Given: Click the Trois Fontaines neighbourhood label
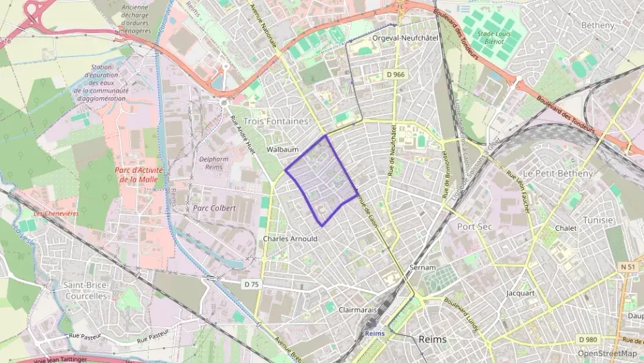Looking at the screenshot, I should (x=276, y=121).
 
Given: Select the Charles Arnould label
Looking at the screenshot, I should (x=290, y=238).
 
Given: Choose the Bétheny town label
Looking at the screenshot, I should (x=597, y=25).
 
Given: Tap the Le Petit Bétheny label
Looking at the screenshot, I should (x=557, y=173).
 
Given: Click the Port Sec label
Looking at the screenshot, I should (x=475, y=226).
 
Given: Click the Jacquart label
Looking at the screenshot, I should (x=520, y=293).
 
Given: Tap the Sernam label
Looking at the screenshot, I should (x=422, y=267).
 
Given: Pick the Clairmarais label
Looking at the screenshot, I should (x=358, y=310).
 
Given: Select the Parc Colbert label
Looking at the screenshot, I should (x=215, y=207).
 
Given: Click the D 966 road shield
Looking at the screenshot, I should (x=395, y=74).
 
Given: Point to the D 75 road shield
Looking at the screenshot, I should (x=253, y=284).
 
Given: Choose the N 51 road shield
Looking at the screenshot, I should (x=627, y=267).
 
